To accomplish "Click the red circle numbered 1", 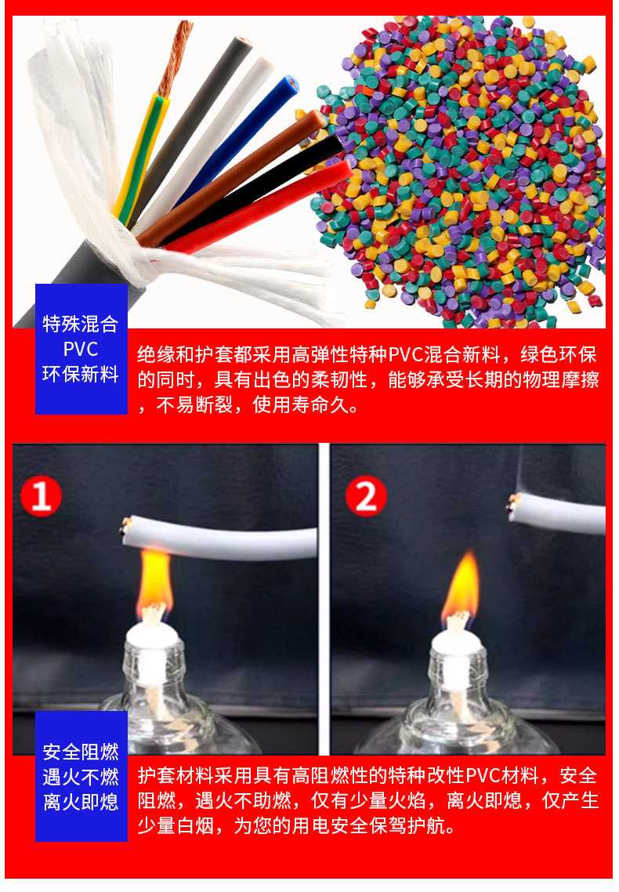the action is [x=41, y=496].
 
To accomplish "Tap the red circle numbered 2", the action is [x=366, y=496].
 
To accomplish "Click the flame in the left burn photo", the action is [x=154, y=580].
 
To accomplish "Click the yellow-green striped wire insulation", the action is [x=139, y=159].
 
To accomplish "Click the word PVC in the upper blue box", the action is [x=81, y=349].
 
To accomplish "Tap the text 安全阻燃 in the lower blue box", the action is [x=81, y=752].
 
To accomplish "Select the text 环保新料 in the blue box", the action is [x=81, y=374].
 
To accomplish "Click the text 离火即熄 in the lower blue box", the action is [x=81, y=802].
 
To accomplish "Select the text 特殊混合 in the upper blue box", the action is [x=81, y=324].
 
